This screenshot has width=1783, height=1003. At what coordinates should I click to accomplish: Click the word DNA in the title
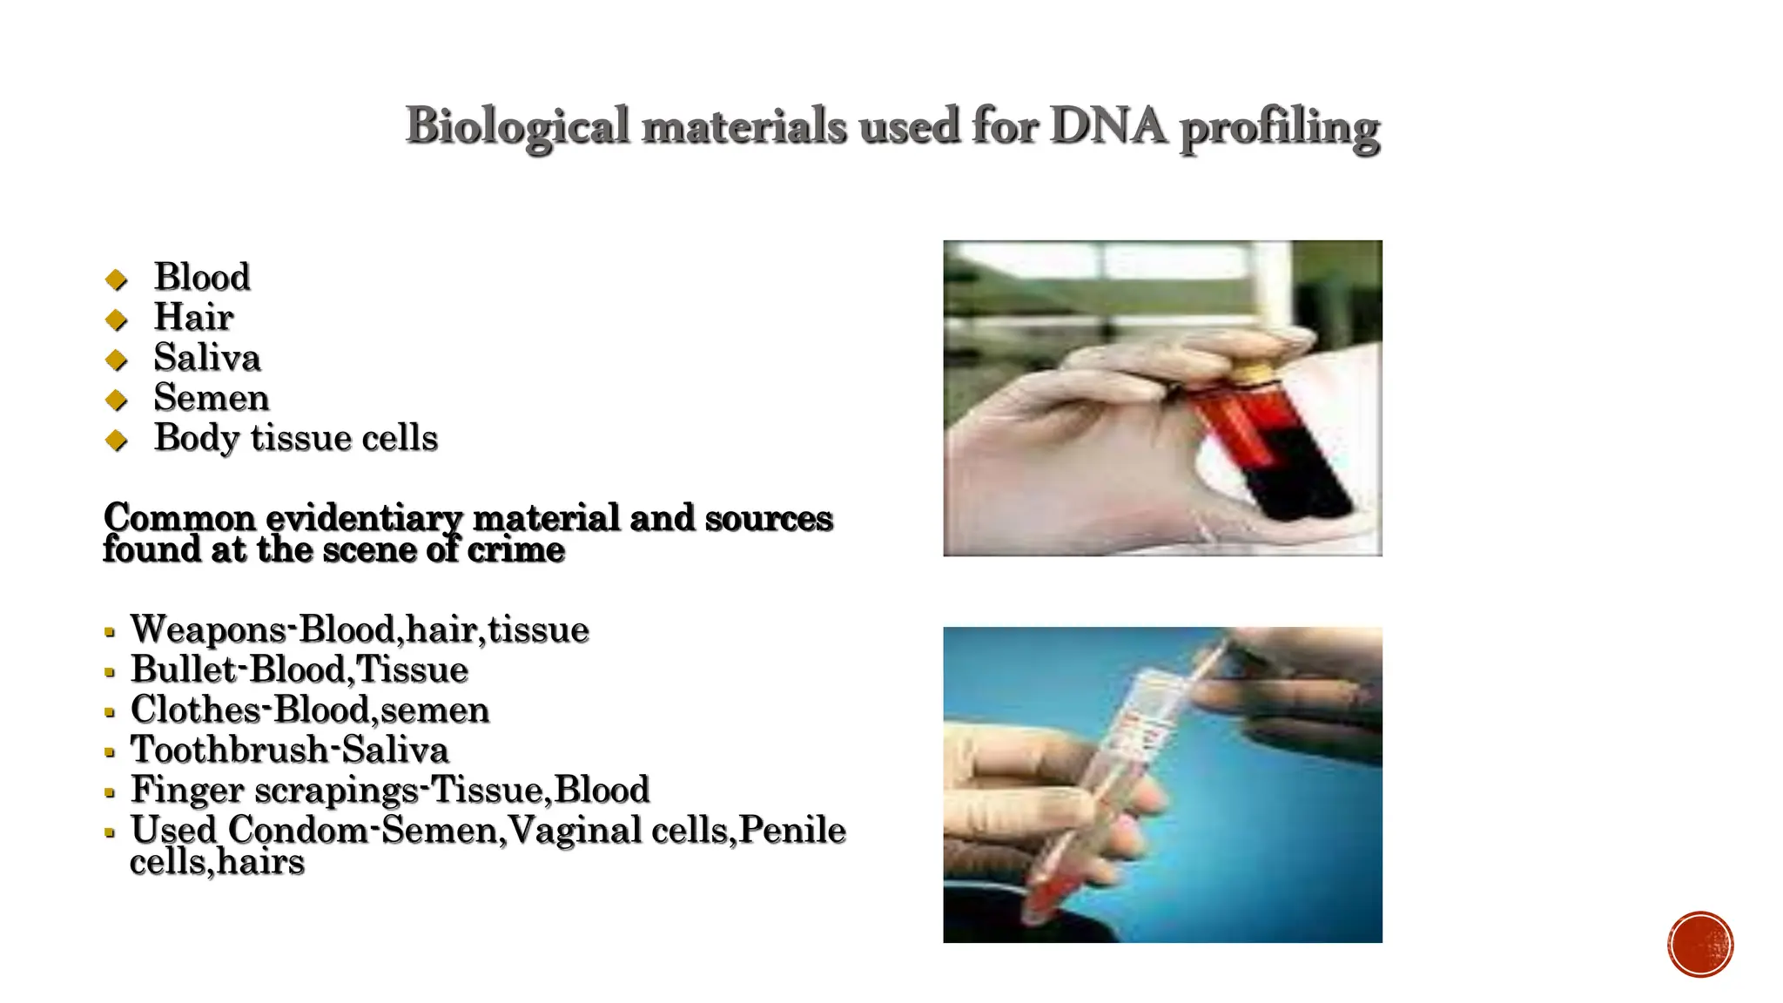click(1107, 125)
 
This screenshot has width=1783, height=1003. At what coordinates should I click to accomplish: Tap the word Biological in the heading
click(517, 127)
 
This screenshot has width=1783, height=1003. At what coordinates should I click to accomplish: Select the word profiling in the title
click(1280, 129)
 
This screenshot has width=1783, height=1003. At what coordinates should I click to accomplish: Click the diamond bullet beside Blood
click(116, 279)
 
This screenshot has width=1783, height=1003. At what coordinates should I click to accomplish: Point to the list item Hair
click(193, 317)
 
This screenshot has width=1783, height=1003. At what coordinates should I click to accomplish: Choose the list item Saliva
click(207, 358)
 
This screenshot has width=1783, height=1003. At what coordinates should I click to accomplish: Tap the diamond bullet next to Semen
click(116, 401)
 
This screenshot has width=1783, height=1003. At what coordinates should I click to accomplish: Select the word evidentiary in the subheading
click(364, 518)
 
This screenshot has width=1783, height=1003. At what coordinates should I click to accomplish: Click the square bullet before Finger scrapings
click(110, 792)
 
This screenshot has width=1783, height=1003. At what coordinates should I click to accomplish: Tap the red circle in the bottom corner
click(1699, 944)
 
